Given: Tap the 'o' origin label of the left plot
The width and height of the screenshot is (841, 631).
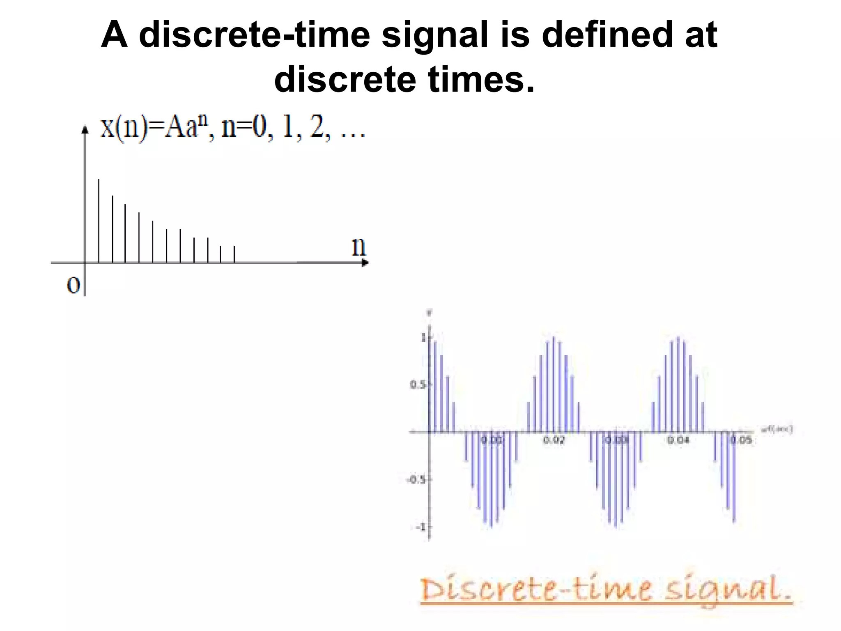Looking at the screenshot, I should click(x=73, y=285).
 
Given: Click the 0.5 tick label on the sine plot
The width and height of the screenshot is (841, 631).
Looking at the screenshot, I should click(x=418, y=385).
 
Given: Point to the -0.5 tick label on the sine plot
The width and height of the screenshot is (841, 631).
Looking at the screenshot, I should click(x=416, y=480).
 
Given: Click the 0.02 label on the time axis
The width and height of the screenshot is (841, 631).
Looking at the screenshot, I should click(x=554, y=440).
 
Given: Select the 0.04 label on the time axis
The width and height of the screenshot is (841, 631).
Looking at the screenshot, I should click(x=678, y=440).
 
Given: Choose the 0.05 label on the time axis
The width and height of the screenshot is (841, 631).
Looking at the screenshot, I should click(x=742, y=440).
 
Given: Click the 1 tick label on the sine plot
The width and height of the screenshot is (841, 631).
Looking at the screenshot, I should click(x=423, y=338).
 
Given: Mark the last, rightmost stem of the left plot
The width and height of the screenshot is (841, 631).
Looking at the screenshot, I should click(x=234, y=254).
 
